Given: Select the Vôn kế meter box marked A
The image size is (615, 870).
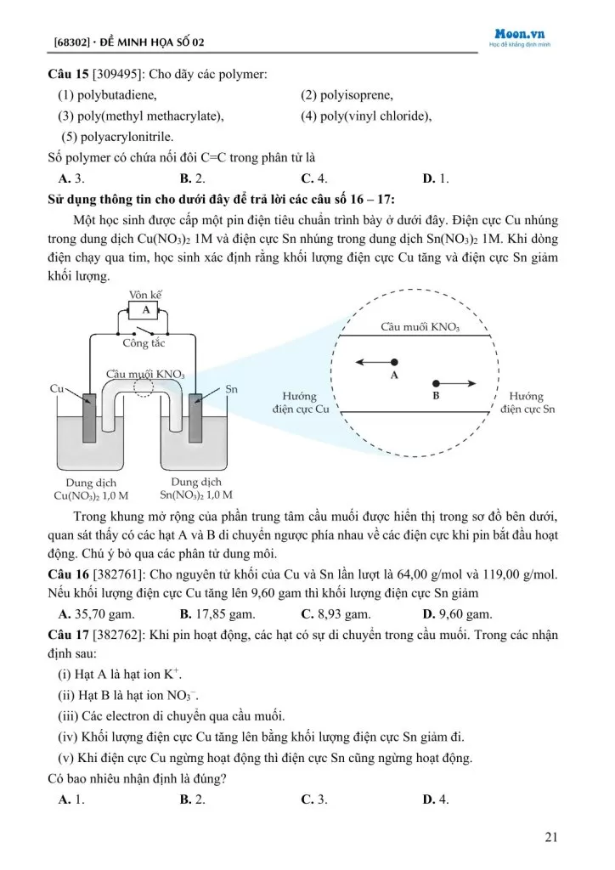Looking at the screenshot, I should pos(145,311).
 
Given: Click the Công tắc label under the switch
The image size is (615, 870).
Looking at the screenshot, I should pos(144,343).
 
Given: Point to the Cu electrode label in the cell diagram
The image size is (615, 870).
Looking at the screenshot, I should pos(58,389).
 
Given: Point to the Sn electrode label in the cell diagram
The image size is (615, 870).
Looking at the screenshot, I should pos(231,389).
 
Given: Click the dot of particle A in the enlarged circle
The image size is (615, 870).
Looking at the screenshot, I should pos(394,362).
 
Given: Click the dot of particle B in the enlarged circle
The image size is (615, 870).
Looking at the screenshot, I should pos(437,383).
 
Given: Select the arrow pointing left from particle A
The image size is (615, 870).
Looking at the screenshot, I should pos(370,362).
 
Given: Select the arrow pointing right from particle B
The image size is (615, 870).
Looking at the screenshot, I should pos(460,383).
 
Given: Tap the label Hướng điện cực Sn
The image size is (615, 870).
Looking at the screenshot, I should pos(528,403).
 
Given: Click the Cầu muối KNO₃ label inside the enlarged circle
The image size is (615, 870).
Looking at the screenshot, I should pos(420,326).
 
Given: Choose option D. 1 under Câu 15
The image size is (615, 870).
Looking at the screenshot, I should pos(436,179).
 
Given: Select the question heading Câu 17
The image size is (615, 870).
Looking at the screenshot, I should pos(68,635).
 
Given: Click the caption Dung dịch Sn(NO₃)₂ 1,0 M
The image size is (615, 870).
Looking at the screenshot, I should pos(196,489).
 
